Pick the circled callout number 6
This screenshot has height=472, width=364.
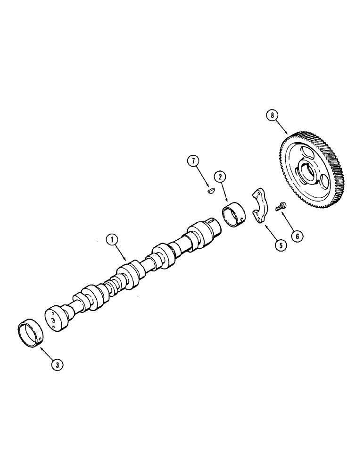pos(297,235)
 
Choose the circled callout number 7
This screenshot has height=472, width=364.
pos(192,160)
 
